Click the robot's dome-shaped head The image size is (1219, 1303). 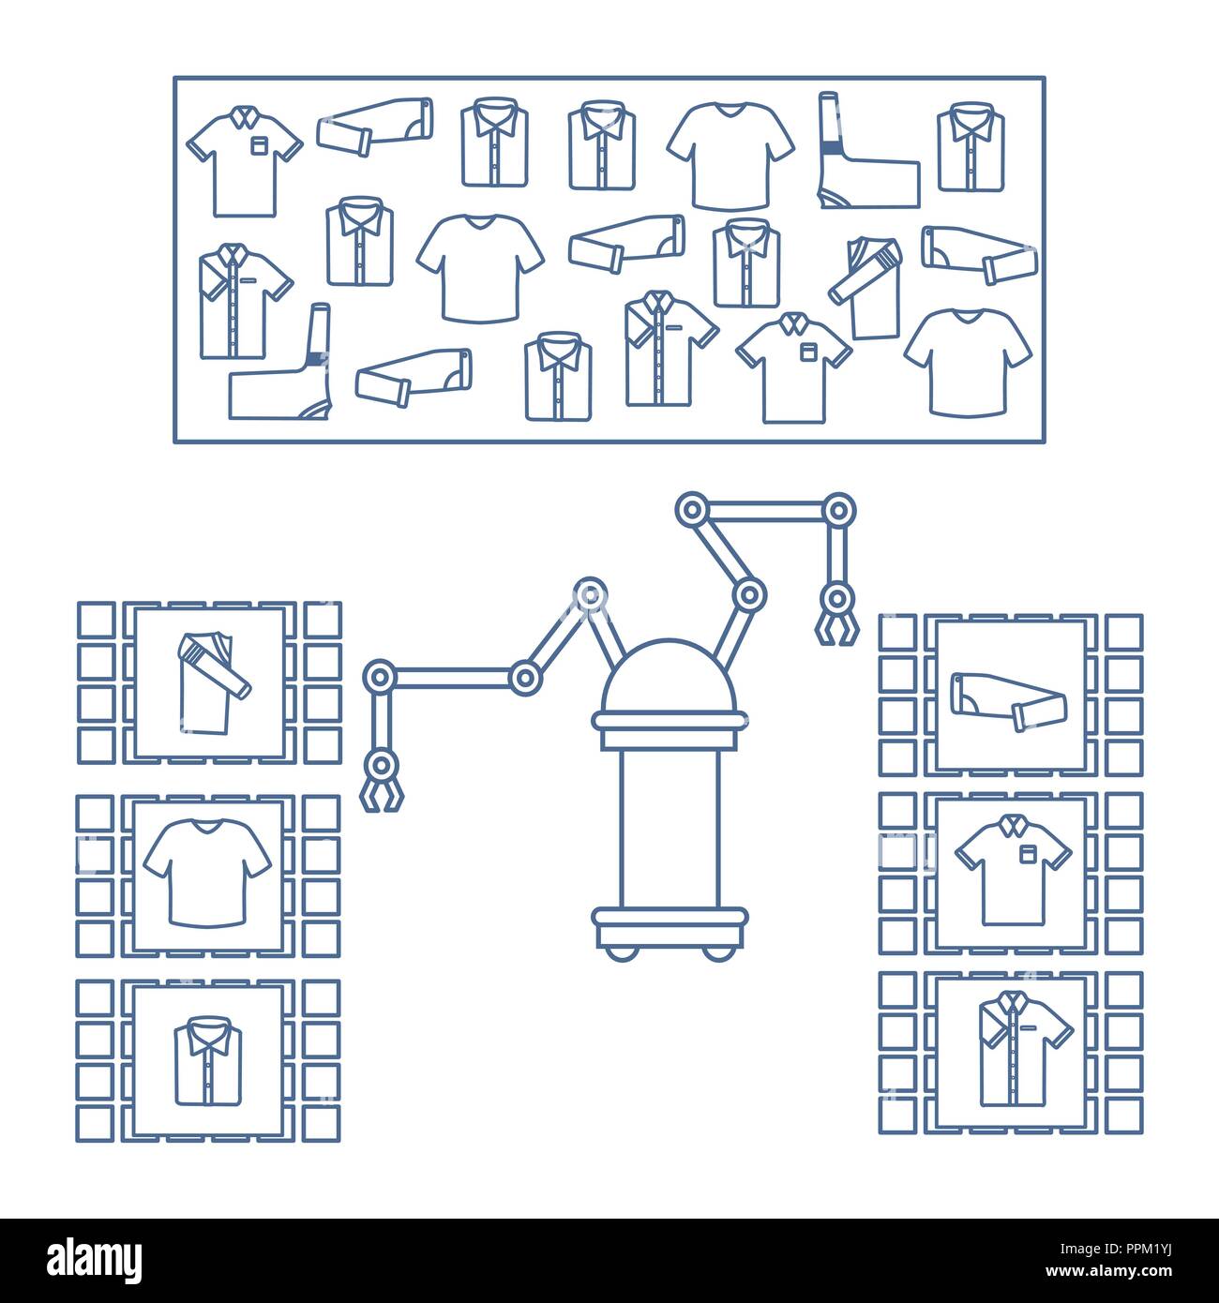pyautogui.click(x=670, y=677)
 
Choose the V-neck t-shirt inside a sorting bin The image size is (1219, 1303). pyautogui.click(x=207, y=873)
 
